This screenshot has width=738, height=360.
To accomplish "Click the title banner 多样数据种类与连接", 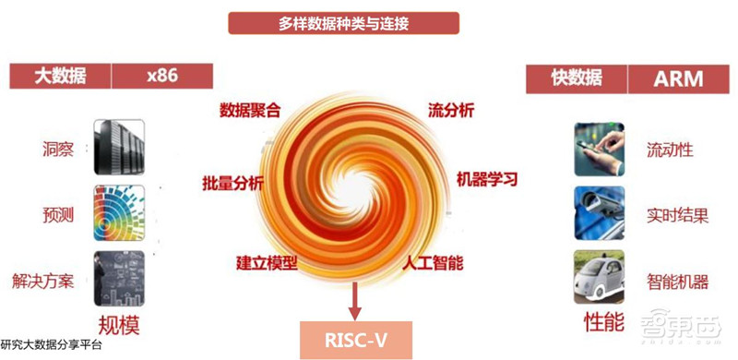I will coord(343,24).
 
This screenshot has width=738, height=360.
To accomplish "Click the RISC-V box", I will coord(352,341).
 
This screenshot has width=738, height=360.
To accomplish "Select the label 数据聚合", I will coord(250,111).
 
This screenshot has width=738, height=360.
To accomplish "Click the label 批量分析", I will coord(232,181).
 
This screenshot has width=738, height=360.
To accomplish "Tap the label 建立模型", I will coord(268,263).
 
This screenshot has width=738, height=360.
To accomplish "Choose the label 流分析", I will coord(451,111).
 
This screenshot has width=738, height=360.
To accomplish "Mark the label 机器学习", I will coord(487,177).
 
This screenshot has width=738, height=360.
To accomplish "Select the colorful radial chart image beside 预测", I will coord(119,212).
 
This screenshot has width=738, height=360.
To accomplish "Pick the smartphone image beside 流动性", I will coord(601,148).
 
